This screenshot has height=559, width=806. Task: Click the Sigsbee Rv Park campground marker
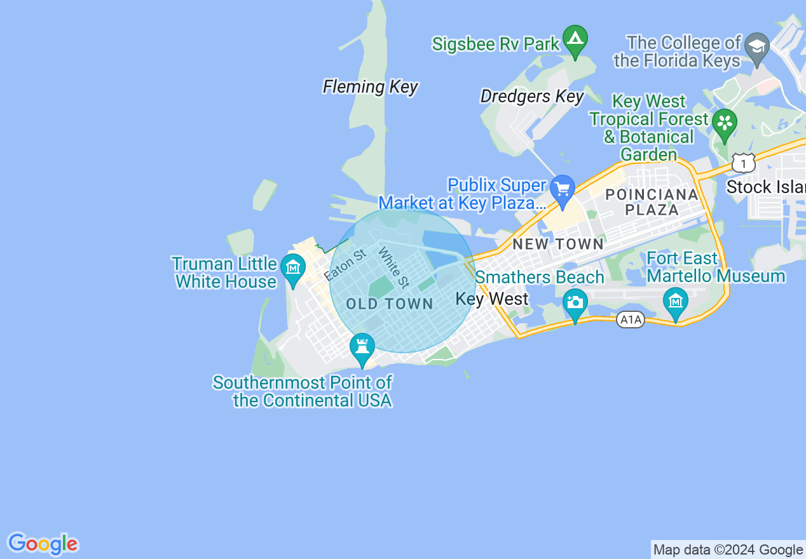tap(575, 40)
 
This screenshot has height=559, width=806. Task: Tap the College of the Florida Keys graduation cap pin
tap(757, 48)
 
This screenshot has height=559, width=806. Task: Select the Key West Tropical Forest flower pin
tap(724, 122)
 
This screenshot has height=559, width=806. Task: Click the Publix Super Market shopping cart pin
tap(563, 190)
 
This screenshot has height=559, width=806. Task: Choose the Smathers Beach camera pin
tap(575, 302)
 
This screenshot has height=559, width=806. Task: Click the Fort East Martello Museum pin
tap(675, 301)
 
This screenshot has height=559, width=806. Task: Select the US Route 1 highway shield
tap(743, 164)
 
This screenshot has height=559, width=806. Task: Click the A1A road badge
tap(631, 320)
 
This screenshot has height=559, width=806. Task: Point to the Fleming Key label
tap(371, 86)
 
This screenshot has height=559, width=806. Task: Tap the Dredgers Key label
tap(532, 97)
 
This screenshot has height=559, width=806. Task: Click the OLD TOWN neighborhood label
tap(390, 304)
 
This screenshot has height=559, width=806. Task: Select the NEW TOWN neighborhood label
tap(558, 244)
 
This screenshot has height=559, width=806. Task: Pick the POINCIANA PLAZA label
tap(652, 202)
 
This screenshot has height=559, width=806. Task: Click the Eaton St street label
tap(345, 266)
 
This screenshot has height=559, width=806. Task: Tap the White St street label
tap(393, 267)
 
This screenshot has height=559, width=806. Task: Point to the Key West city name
tap(492, 299)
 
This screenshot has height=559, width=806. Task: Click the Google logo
tap(43, 544)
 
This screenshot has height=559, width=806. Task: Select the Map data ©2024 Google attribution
tap(728, 550)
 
